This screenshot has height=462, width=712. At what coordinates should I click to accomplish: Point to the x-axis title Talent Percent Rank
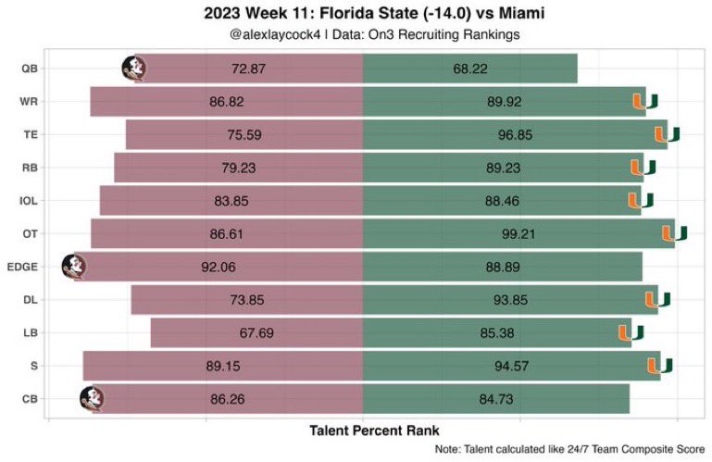coord(373,431)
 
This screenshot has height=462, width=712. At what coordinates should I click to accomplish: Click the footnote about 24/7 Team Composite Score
coord(568,450)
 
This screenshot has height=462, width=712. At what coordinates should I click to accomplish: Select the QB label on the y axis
coord(29,69)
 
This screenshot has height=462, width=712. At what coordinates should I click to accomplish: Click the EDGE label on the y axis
coord(21,267)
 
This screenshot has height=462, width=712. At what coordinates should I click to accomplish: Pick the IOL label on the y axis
coord(28,201)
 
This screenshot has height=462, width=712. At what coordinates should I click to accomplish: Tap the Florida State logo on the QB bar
coord(134,69)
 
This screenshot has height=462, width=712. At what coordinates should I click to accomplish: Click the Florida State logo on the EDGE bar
coord(73,267)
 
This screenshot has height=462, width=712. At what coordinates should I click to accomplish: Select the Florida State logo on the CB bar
coord(92,399)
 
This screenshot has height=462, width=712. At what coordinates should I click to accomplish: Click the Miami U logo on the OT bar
coord(674,233)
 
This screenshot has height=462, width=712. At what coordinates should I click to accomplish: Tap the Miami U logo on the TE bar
coord(667,134)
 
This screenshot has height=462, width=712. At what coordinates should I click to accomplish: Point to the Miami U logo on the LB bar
coord(631,332)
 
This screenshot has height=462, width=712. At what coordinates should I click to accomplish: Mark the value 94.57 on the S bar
coord(512,366)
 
